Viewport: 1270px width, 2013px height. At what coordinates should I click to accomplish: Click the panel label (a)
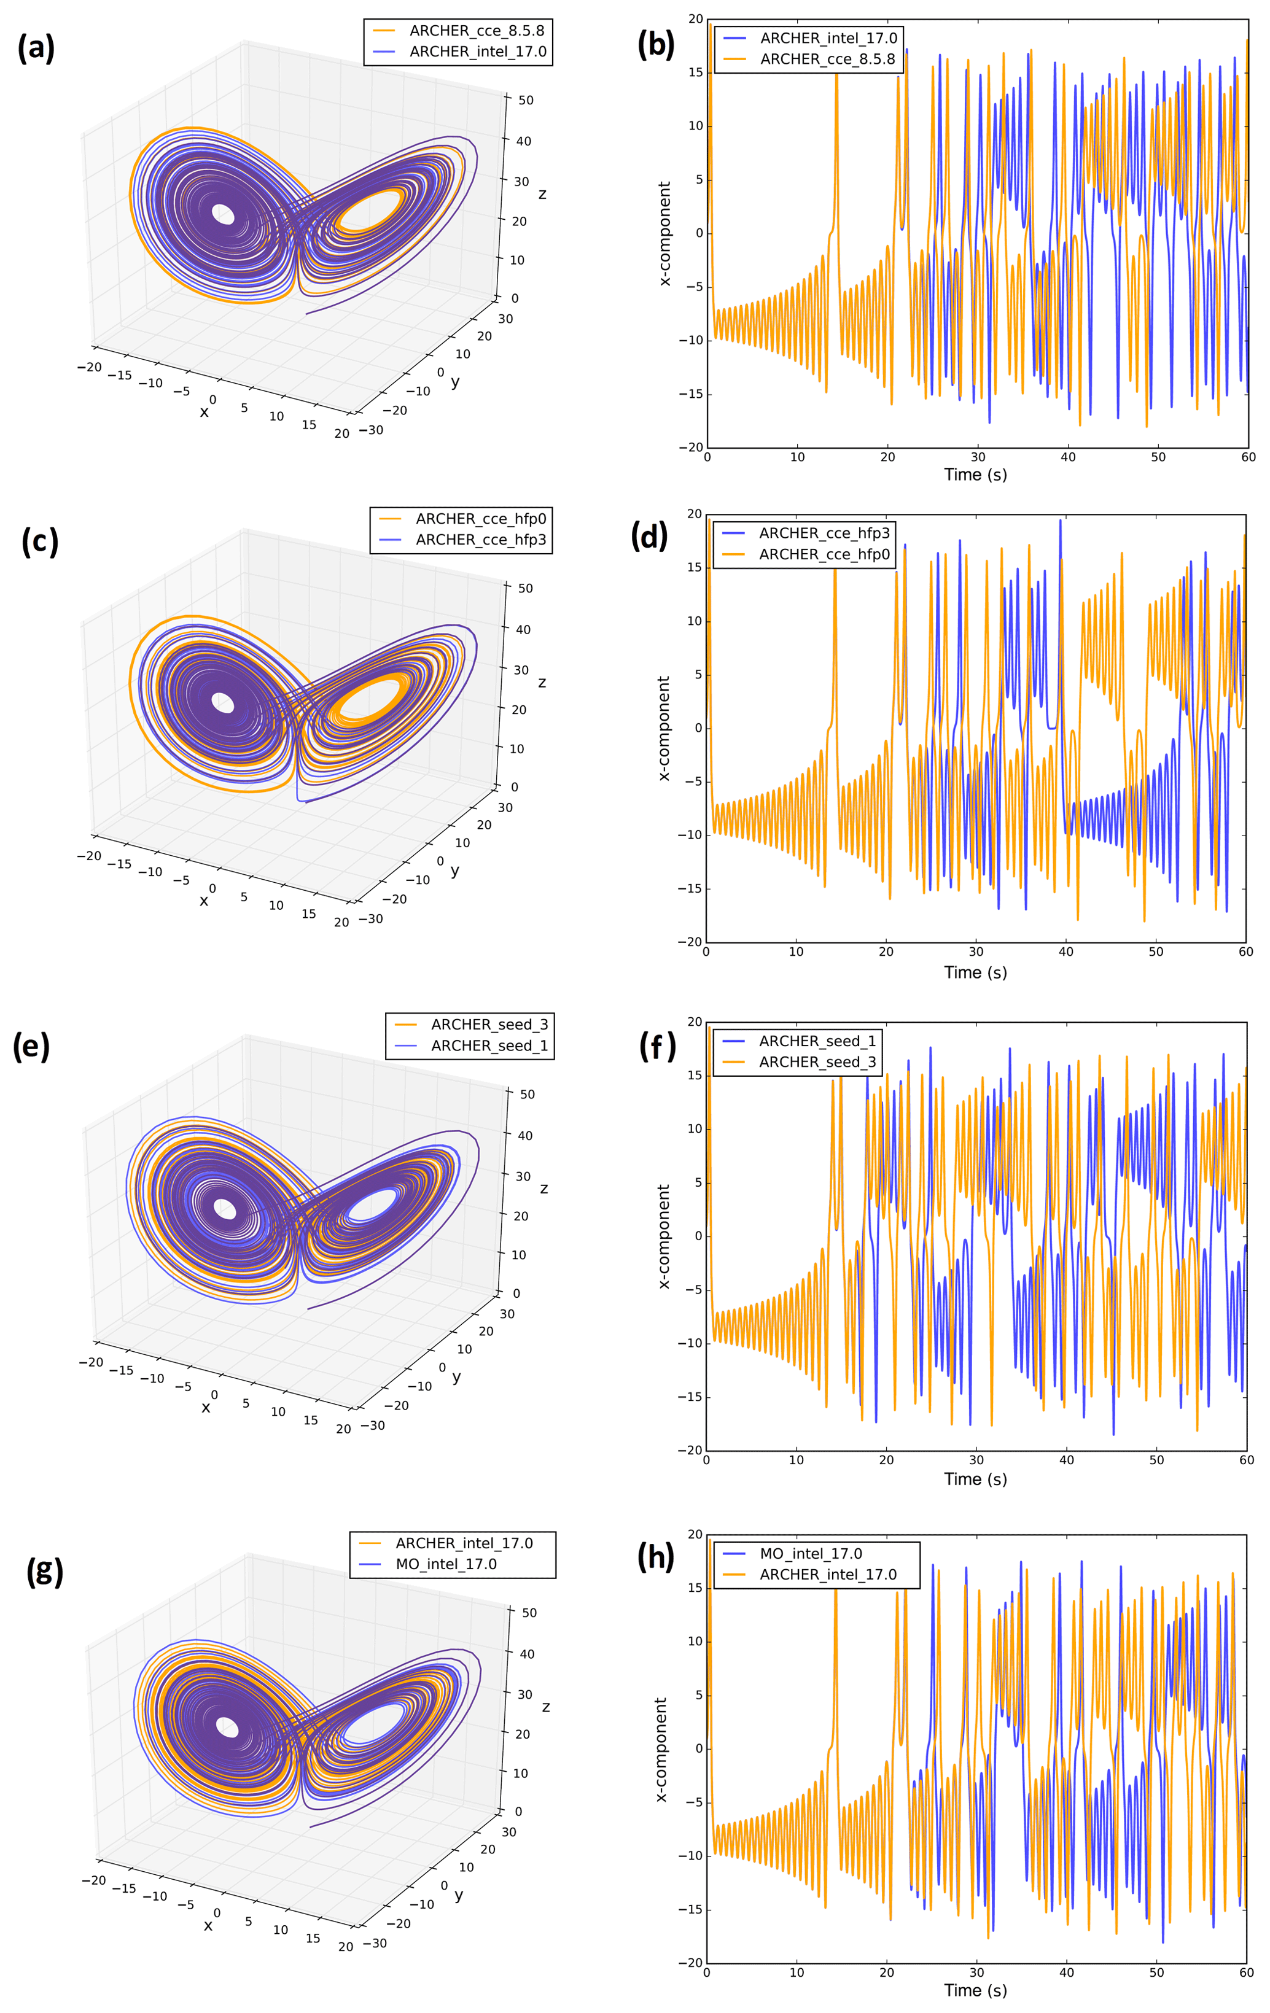[36, 48]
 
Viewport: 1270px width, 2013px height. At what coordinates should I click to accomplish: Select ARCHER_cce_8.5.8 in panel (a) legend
[477, 31]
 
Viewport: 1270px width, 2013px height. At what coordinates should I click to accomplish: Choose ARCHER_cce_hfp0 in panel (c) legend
[481, 519]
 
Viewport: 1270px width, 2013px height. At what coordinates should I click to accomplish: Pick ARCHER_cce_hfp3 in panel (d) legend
[824, 533]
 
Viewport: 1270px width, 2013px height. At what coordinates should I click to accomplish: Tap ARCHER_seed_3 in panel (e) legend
[489, 1025]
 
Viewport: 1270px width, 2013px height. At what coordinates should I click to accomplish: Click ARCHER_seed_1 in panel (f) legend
[817, 1041]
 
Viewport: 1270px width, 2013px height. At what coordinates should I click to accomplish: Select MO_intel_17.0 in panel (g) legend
[446, 1564]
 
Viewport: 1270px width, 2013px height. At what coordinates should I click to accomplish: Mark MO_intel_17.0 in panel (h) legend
[810, 1553]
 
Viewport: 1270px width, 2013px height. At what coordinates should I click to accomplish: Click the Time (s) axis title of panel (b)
[975, 475]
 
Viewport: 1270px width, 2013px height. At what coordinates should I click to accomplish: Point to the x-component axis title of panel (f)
[664, 1236]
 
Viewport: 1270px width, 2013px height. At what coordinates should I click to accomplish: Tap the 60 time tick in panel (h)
[1246, 1972]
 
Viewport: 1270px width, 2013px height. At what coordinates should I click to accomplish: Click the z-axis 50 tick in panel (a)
[525, 100]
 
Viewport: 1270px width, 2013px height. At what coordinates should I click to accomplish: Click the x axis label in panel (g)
[208, 1925]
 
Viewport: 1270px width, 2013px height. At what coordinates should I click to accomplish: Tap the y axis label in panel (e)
[456, 1377]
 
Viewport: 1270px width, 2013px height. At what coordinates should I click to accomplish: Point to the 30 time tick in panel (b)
[978, 457]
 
